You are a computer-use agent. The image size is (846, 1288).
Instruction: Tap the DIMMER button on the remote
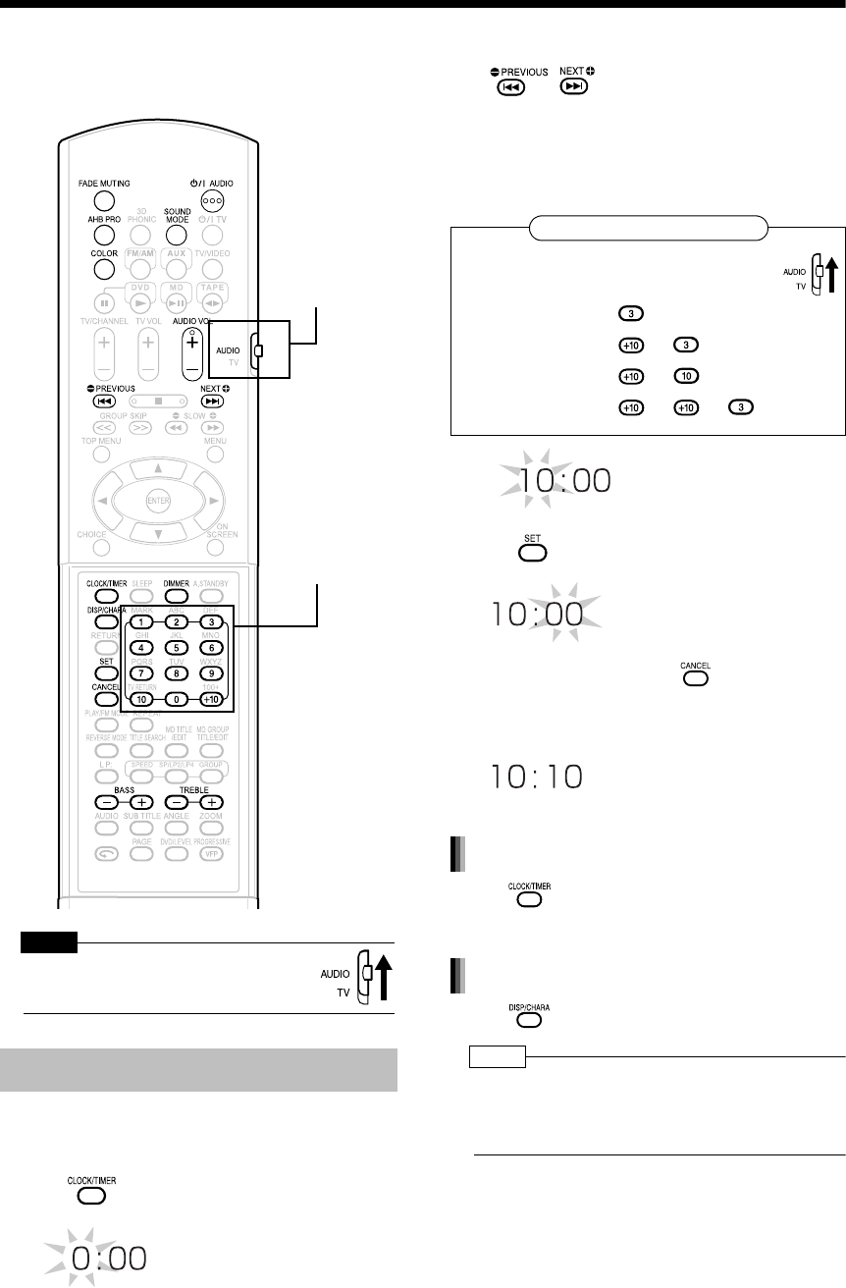(x=176, y=594)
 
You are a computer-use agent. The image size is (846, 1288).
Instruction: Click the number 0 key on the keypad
(x=176, y=699)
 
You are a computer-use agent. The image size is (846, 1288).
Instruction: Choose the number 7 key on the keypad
(x=141, y=673)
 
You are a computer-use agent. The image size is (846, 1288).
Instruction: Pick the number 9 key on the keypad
(x=210, y=673)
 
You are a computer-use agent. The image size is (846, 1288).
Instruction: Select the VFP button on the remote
(x=211, y=853)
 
